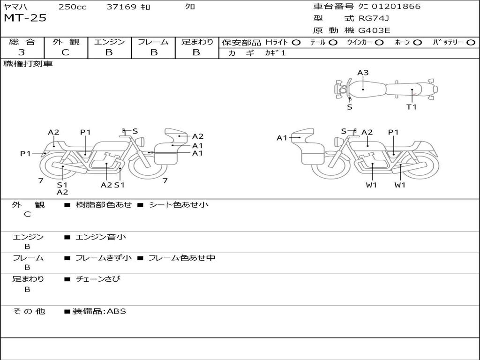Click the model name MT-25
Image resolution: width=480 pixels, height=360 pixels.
coord(25,18)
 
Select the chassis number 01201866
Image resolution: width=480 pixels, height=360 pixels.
coord(396,7)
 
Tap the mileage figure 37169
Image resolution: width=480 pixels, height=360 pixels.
coord(121,7)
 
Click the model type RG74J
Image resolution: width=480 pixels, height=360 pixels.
coord(374,18)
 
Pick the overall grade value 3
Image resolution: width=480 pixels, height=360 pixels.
coord(22,52)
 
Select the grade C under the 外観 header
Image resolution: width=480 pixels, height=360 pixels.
coord(65,52)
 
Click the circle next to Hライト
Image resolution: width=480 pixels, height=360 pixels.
coord(296,43)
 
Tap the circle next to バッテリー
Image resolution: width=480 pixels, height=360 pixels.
coord(471,43)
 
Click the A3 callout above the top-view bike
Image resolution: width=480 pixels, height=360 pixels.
coord(363,73)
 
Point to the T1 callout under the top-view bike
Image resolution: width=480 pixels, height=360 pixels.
coord(412,107)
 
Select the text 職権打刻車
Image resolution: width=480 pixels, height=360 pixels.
coord(28,64)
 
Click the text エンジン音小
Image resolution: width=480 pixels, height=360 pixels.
coord(101,237)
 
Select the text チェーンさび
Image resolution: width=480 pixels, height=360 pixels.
coord(98,279)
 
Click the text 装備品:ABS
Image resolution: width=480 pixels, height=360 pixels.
coord(99,311)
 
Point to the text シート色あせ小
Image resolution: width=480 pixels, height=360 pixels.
coord(179,204)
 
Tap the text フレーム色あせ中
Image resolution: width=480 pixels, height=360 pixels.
coord(182,258)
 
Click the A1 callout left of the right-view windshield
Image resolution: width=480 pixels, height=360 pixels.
coord(282,138)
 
